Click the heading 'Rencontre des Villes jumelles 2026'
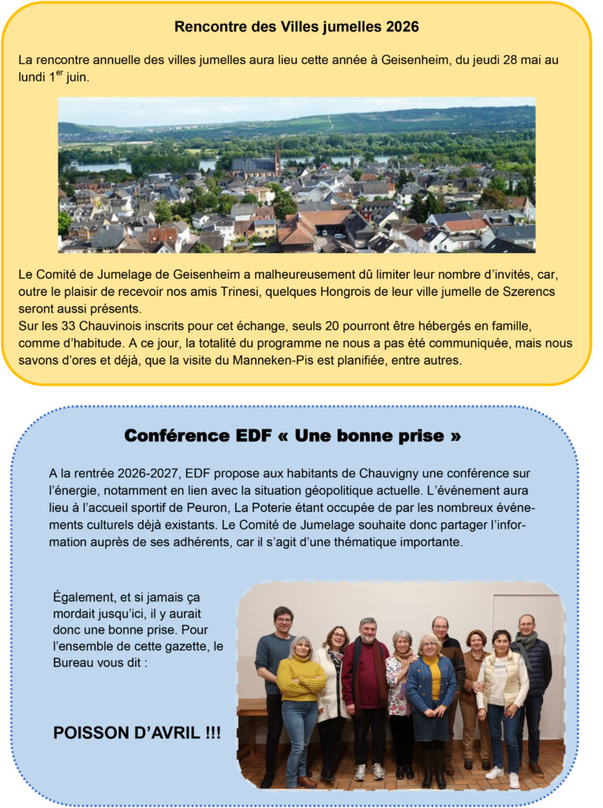[296, 27]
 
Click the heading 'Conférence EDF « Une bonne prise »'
[293, 436]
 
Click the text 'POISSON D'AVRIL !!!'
[137, 733]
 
